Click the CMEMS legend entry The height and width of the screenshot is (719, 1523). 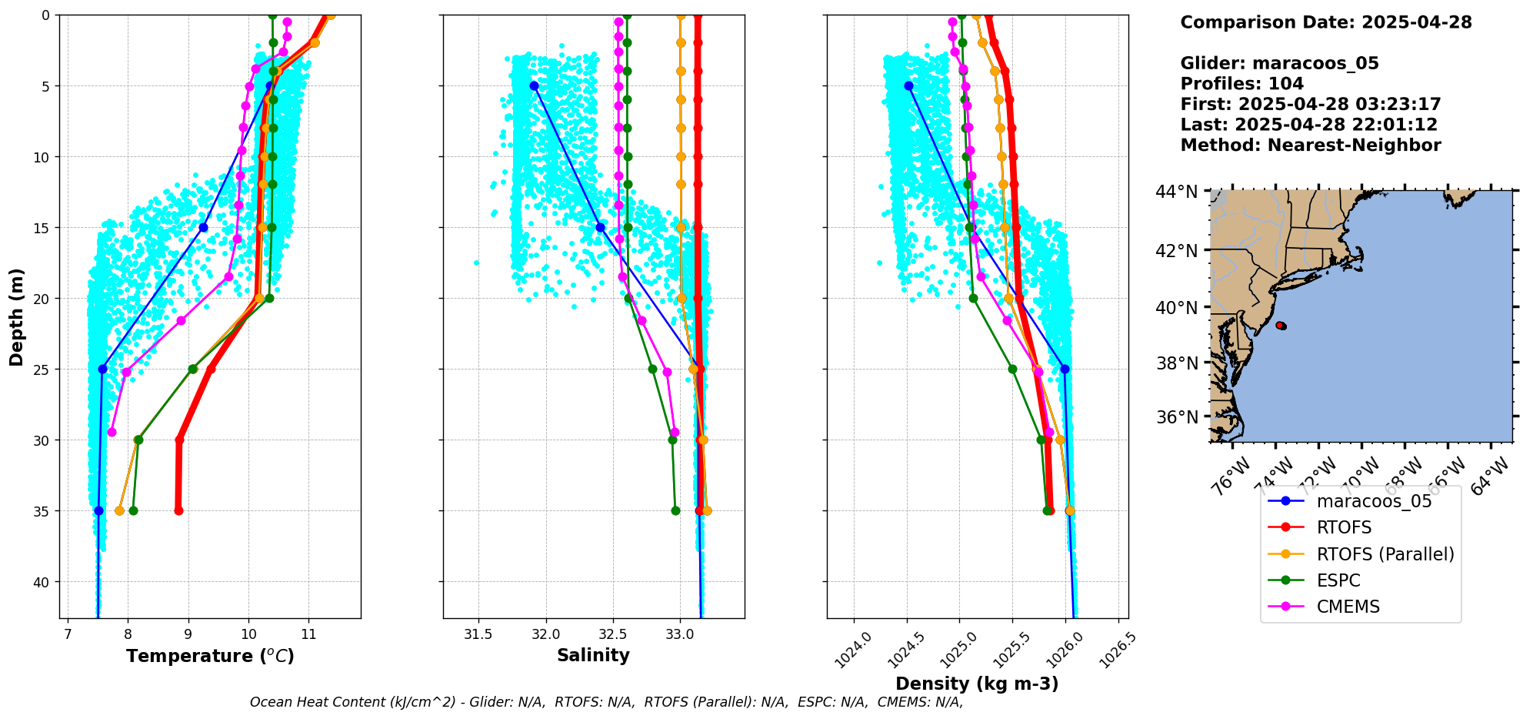(x=1348, y=607)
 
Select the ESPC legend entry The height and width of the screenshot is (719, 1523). (x=1338, y=580)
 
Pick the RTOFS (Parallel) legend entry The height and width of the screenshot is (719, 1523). (x=1385, y=554)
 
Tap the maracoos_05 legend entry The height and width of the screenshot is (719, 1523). (x=1374, y=501)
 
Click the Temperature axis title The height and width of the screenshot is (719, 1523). (x=210, y=656)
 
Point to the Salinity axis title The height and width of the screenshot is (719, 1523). (x=593, y=655)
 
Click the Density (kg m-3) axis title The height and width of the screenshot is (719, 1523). (x=977, y=684)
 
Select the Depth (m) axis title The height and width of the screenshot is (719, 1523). (x=17, y=316)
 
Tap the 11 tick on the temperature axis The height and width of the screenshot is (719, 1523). (x=308, y=634)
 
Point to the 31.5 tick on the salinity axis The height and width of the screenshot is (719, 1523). (x=478, y=634)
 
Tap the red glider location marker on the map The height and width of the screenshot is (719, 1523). (x=1281, y=326)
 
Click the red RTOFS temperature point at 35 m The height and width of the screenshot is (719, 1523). (x=178, y=510)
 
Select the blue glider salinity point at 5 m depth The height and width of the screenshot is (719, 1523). (x=534, y=85)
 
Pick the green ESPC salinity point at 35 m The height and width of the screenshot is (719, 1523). (x=675, y=510)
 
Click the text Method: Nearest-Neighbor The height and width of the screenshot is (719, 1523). (x=1311, y=145)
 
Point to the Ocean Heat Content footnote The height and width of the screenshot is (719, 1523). (x=606, y=702)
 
